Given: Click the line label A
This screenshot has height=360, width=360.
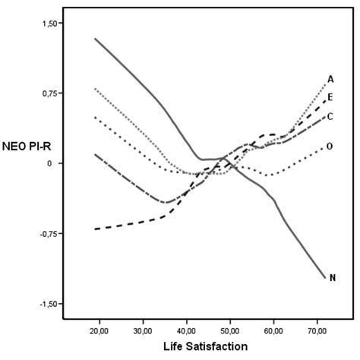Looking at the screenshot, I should (331, 79).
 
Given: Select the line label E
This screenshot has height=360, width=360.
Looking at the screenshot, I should (331, 96).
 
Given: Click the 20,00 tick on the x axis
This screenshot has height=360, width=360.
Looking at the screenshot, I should (99, 330).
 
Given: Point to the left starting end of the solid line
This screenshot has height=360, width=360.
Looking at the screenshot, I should (95, 39).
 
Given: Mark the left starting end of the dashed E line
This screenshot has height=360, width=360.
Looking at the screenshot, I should (95, 229).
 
